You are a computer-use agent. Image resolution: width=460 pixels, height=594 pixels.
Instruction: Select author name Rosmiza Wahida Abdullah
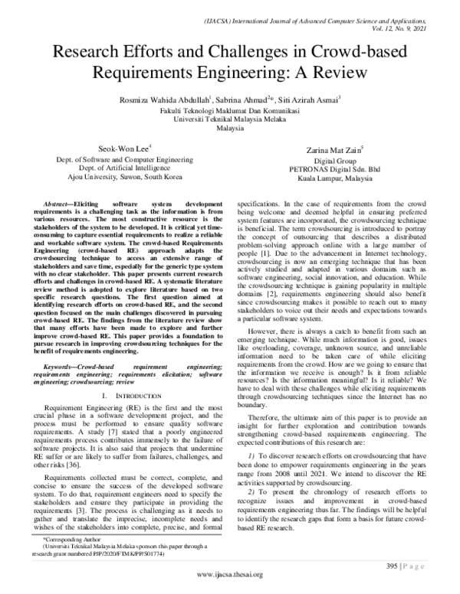click(x=146, y=100)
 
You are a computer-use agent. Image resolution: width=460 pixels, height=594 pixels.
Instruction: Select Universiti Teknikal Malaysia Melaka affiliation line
click(x=229, y=119)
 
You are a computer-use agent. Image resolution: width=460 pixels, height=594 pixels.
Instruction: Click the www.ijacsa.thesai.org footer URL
click(x=230, y=575)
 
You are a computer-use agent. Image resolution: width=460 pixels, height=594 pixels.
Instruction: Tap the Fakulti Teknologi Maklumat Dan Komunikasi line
click(x=229, y=110)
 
